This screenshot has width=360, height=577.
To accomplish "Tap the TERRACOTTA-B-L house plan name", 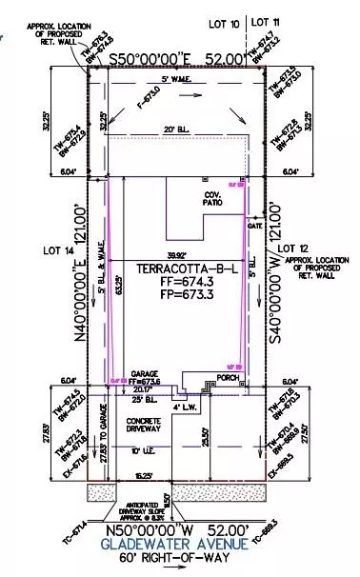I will coord(174,269).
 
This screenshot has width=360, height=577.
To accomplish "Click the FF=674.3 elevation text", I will coord(174,284).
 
